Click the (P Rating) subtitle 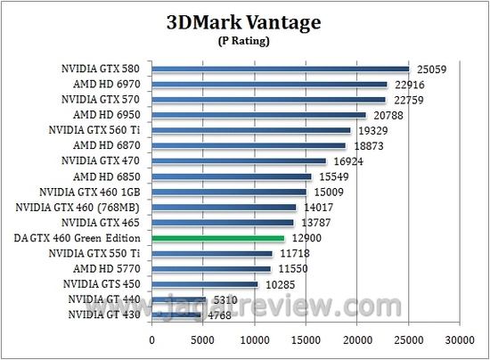(245, 41)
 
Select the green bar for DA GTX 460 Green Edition (218, 238)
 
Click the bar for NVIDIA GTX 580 (280, 69)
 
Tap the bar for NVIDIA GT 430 (176, 314)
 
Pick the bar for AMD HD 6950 (258, 115)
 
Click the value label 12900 (306, 238)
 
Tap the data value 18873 (368, 145)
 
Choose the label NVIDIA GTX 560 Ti (94, 130)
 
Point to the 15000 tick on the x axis (306, 340)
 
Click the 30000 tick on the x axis (460, 340)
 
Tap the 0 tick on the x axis (152, 340)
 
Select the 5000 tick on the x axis (203, 340)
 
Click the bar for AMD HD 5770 (211, 268)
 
